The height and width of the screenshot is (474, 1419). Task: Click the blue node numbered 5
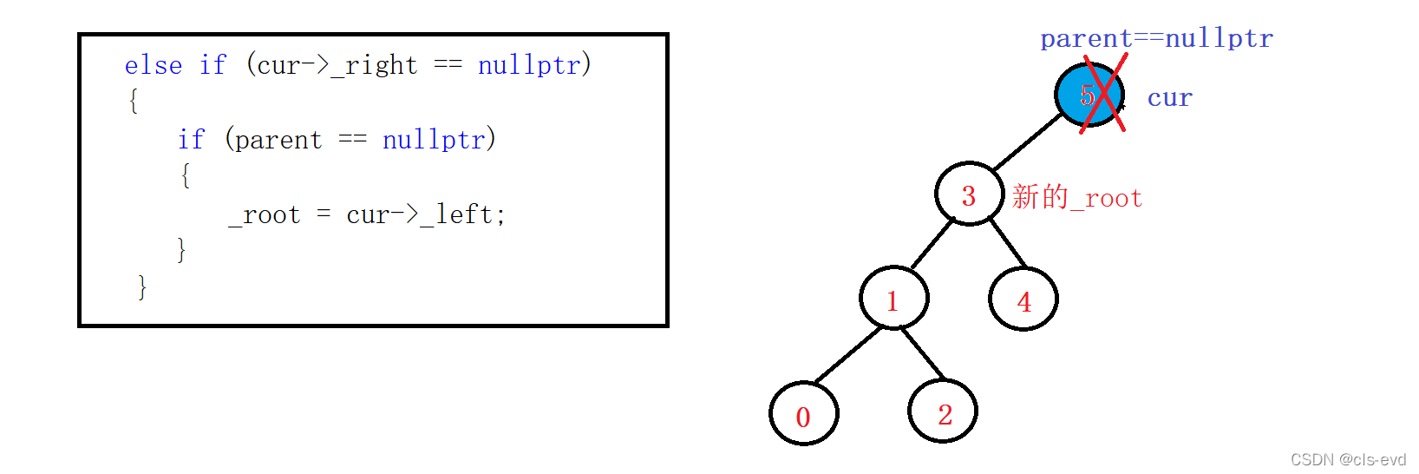click(1089, 95)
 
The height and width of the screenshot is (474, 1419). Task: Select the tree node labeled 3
click(969, 194)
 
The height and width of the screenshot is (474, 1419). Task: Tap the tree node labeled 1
click(893, 299)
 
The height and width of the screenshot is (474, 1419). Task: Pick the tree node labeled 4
click(1023, 300)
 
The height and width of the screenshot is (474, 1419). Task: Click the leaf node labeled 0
click(803, 414)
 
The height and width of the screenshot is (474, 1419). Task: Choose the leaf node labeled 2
click(943, 411)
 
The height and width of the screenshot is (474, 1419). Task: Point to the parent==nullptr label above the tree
click(1156, 38)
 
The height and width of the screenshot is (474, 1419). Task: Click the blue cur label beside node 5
click(1169, 98)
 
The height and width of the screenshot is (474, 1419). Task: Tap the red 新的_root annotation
click(1076, 197)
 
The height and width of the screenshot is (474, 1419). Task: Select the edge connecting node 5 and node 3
click(1028, 142)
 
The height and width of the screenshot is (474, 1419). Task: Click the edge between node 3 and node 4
click(1008, 243)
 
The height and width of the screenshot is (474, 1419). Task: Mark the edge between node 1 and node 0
click(847, 355)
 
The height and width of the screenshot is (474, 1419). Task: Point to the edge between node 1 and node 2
click(922, 352)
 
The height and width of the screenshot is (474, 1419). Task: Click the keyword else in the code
click(154, 65)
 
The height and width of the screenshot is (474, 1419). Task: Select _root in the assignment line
click(265, 214)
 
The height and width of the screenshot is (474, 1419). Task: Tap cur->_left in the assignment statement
click(419, 214)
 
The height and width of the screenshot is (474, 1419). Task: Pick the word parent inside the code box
click(278, 140)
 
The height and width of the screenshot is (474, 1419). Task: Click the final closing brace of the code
click(142, 287)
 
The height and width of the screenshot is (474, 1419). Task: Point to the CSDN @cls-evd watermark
click(1348, 459)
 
